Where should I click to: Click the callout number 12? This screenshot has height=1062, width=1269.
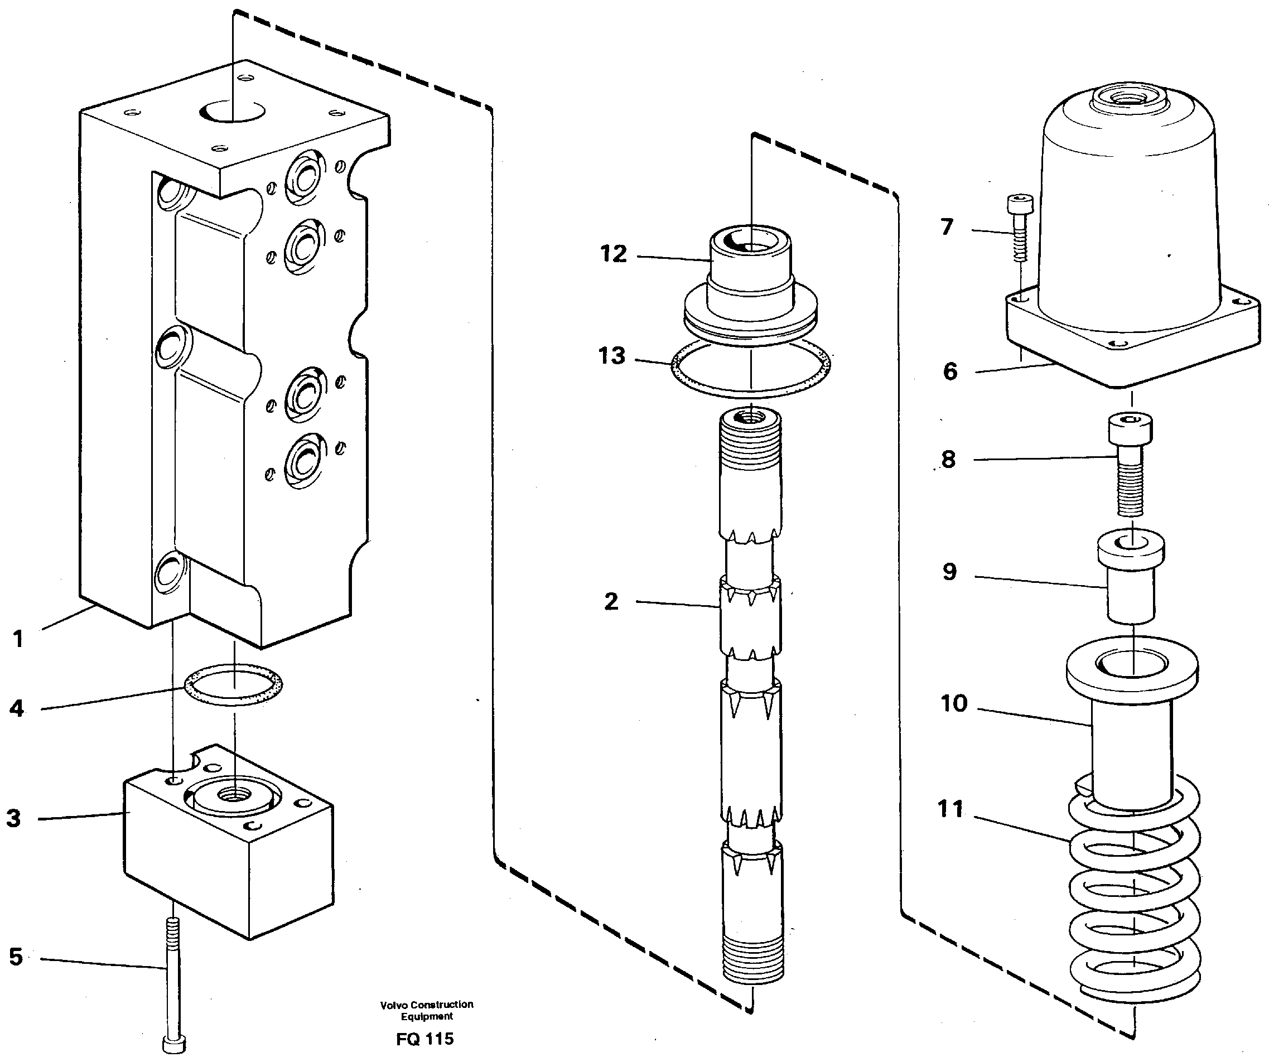(x=612, y=254)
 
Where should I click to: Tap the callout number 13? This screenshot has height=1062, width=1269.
(x=611, y=356)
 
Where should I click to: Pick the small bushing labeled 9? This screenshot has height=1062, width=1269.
(x=1131, y=580)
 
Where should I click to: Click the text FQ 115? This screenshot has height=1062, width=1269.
(x=425, y=1039)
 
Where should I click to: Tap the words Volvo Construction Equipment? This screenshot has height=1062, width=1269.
(x=426, y=1010)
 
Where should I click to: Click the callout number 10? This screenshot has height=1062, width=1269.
(x=954, y=704)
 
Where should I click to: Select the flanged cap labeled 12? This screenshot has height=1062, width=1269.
(x=750, y=284)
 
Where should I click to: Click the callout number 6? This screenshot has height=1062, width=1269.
(x=950, y=371)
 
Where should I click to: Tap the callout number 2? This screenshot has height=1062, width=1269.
(x=611, y=602)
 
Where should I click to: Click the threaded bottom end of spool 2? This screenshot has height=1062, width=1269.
(x=753, y=960)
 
